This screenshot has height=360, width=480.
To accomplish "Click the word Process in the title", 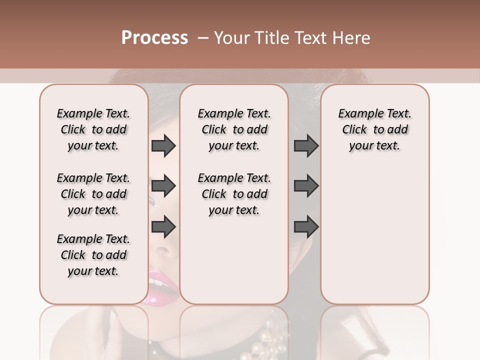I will (x=154, y=38).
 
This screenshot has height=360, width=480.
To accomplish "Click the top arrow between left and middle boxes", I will (x=163, y=146).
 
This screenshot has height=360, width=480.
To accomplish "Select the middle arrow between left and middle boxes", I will (x=163, y=186).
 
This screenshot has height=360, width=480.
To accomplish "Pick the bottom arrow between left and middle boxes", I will (x=163, y=226).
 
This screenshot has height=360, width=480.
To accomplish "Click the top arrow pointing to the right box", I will (x=306, y=146).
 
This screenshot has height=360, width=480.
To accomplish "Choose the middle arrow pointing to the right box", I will (x=306, y=186).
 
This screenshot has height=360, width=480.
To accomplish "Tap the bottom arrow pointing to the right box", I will (x=306, y=226).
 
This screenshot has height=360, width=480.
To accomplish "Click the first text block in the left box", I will (x=93, y=129).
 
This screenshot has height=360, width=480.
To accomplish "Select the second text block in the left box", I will (x=93, y=194).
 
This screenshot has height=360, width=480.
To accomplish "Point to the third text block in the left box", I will (x=93, y=255).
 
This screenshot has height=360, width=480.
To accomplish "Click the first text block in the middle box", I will (x=234, y=129).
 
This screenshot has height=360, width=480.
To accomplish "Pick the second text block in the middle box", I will (x=234, y=194).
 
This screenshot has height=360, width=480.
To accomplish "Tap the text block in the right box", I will (x=374, y=129).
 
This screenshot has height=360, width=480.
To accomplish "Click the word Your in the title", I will (x=230, y=38).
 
